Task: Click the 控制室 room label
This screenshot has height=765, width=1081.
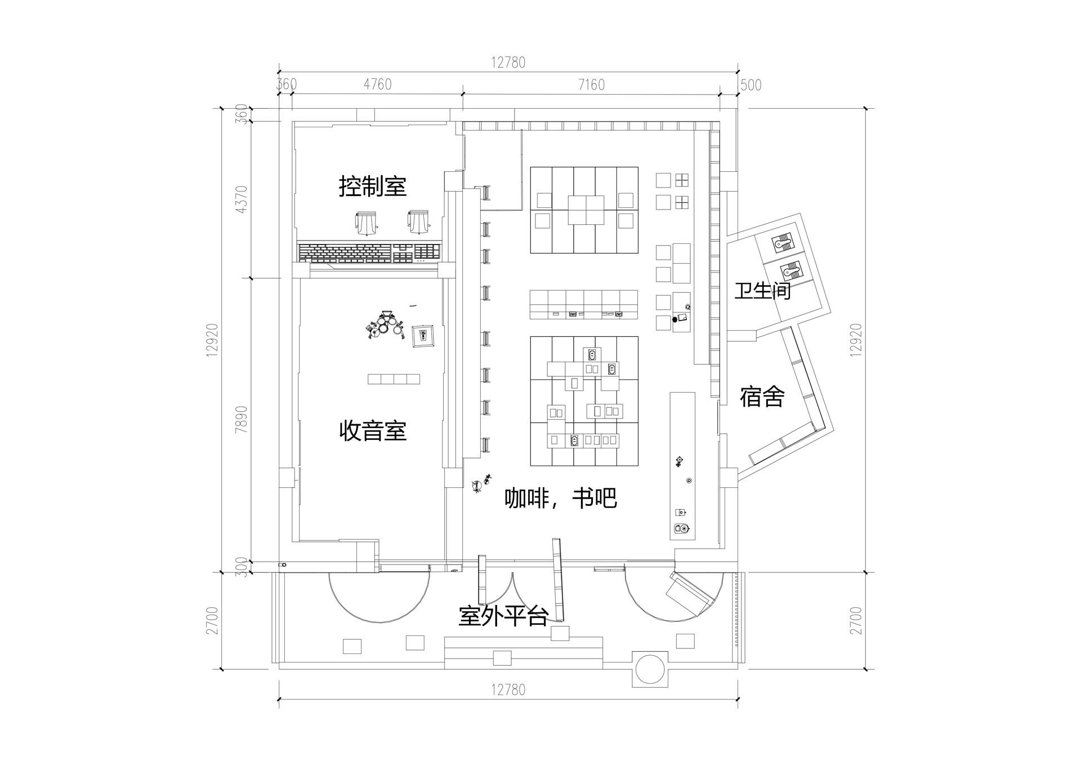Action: click(373, 186)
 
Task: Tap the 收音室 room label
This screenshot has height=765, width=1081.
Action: click(373, 431)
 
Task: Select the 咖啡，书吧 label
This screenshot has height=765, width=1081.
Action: click(561, 498)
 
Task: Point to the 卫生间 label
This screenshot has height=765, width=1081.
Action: click(762, 291)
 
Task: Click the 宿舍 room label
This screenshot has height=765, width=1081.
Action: click(762, 397)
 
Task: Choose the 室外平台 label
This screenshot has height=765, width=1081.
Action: click(503, 616)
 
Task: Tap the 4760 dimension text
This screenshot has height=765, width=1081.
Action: click(377, 84)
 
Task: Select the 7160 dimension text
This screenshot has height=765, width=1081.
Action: click(591, 84)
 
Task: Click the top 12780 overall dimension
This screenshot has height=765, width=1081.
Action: click(508, 62)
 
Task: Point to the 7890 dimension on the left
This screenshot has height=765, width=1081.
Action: click(242, 419)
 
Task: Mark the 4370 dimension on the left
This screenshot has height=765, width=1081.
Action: click(242, 199)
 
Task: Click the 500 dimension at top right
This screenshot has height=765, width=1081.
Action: click(751, 84)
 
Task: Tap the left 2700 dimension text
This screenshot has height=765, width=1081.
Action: click(212, 620)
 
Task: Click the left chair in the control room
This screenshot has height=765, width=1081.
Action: click(366, 223)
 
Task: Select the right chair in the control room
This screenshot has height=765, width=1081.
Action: click(418, 222)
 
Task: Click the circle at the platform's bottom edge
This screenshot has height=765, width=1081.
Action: click(650, 669)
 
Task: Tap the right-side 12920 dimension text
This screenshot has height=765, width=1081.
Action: click(856, 339)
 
